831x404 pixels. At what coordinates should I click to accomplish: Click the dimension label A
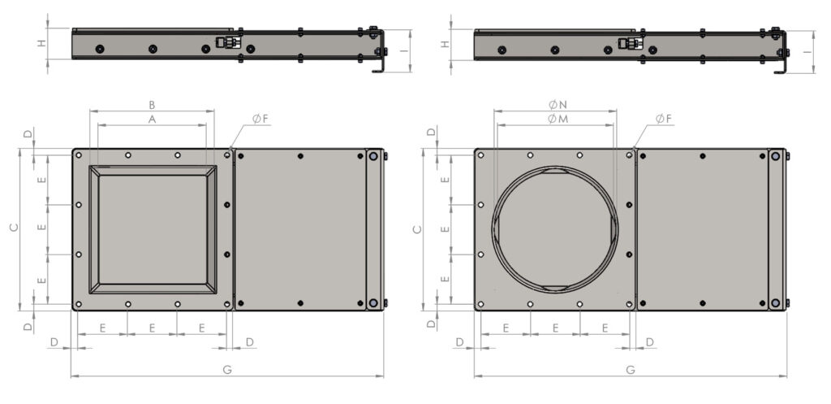coord(152,119)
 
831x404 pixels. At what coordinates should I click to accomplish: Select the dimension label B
coord(152,105)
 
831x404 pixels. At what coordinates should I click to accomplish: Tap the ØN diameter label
coord(556,105)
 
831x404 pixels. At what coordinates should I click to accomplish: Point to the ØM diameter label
coord(556,119)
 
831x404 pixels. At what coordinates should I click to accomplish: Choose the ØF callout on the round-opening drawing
coord(663,119)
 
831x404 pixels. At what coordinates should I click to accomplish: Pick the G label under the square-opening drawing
coord(227,370)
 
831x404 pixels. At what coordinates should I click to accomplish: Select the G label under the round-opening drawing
coord(631,370)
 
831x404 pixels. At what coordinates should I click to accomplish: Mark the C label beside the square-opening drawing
coord(13,228)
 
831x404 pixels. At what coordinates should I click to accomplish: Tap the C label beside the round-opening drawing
coord(417,228)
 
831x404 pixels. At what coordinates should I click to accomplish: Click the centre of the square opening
coord(152,228)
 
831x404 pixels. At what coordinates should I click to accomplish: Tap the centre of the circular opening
coord(556,228)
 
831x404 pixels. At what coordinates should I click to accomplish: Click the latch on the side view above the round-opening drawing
coord(631,44)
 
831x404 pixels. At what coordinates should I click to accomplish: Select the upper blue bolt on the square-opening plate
coord(373,156)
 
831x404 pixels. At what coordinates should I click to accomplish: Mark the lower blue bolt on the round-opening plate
coord(776,302)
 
